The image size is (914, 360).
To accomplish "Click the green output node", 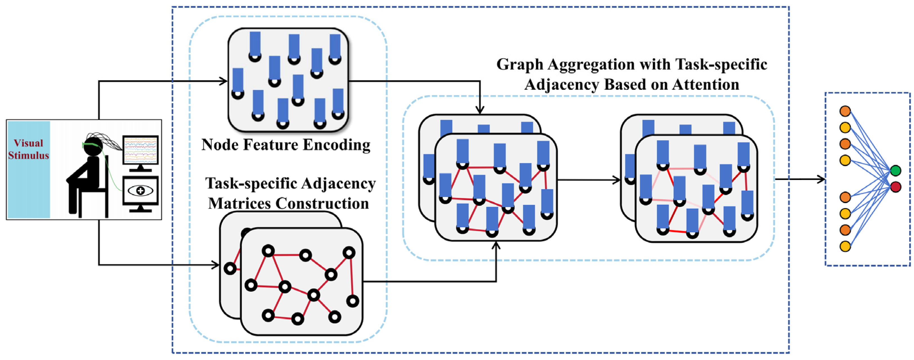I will click(x=895, y=171).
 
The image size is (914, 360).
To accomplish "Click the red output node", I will click(x=895, y=186).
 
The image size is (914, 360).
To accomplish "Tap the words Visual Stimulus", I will click(x=28, y=149).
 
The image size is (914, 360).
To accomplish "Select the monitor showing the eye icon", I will click(x=140, y=191).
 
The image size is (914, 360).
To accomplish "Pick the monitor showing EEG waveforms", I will click(x=140, y=150).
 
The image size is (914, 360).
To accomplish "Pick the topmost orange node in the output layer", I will click(x=845, y=111).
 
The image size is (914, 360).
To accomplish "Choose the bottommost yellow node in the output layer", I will click(x=845, y=246).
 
